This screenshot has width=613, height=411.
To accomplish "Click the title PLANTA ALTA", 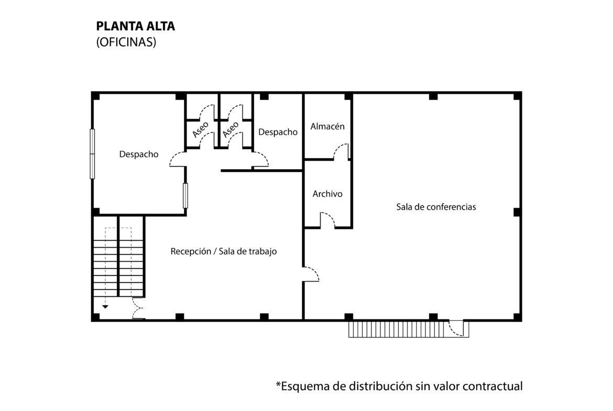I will coord(136,27).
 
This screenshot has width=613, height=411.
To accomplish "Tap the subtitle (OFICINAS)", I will coord(126,43).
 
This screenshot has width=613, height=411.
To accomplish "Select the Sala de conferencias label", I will coord(436,207).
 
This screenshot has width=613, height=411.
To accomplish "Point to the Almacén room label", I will coord(327,127).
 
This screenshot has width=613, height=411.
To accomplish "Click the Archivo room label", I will coord(327,194).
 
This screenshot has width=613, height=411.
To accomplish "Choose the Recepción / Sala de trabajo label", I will coord(224,251).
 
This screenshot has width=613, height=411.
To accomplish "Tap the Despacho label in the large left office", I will coord(139,154).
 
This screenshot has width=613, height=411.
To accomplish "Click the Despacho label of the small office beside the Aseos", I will coord(278,132).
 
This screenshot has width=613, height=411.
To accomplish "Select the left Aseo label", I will coord(201,129).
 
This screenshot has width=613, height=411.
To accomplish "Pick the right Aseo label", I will coord(231,129).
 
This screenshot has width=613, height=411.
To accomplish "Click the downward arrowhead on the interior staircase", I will coord(105,307).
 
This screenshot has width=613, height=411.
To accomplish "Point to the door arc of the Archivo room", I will coord(327,220).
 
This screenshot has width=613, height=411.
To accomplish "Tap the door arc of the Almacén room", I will coord(342,151).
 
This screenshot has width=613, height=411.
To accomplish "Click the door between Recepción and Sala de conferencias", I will coord(311,274).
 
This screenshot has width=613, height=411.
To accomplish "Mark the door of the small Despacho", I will coord(260,159).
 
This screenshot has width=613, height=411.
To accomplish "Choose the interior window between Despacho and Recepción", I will coord(185,196).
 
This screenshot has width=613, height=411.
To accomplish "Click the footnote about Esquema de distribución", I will coord(399,386).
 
